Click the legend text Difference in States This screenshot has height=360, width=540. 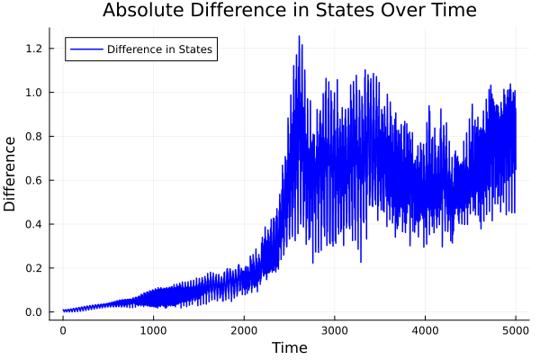coord(159,49)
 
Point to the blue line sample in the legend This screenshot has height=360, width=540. coord(85,49)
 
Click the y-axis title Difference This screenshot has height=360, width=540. coord(11,174)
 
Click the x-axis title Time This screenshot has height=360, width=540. coord(289,347)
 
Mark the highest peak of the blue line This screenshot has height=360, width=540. coord(299,37)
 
